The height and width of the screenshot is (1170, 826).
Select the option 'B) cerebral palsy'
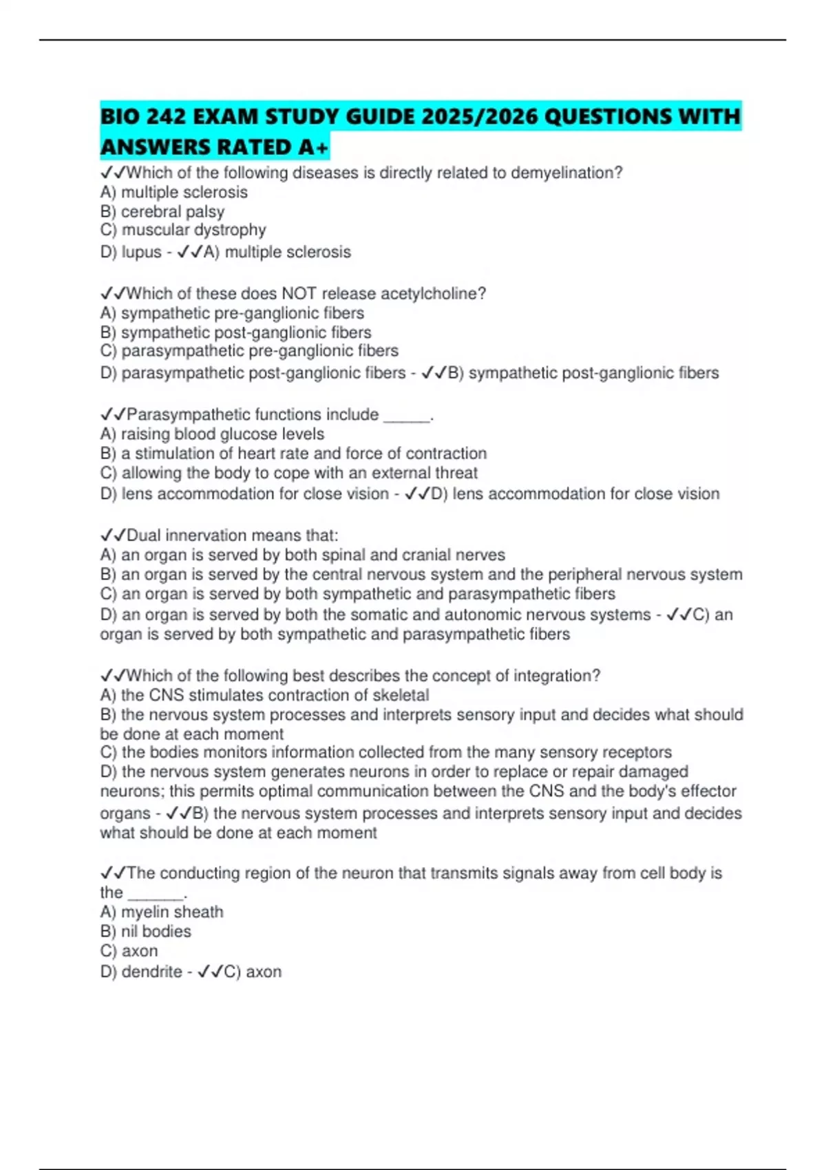(162, 211)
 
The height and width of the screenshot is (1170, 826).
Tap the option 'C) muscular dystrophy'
(182, 230)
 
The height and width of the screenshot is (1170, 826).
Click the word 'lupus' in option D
(141, 252)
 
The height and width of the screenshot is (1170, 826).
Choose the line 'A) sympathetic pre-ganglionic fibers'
(232, 313)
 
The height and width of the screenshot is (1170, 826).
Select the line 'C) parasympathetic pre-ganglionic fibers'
(249, 351)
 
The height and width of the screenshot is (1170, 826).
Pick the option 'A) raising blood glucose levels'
(212, 434)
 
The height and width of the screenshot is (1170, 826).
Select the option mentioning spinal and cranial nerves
(302, 555)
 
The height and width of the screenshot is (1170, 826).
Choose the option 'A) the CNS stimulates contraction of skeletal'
(264, 695)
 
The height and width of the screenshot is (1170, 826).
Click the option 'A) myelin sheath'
(162, 912)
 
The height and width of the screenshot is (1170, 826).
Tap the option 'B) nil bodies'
(145, 931)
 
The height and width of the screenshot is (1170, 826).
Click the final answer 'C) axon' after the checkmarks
(253, 972)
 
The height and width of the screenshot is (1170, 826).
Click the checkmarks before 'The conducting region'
(112, 873)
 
